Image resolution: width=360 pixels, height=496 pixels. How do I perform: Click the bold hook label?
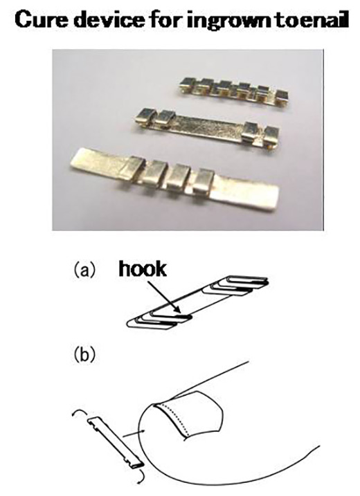coord(142,270)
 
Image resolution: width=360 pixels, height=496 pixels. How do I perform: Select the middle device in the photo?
coord(206,129)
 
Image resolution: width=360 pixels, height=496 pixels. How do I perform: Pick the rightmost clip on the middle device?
coord(271,136)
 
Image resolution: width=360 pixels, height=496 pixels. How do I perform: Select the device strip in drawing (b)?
coord(116,442)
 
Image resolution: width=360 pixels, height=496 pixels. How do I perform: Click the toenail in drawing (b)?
coord(190,414)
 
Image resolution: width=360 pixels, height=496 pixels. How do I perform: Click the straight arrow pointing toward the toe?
coord(134,433)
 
